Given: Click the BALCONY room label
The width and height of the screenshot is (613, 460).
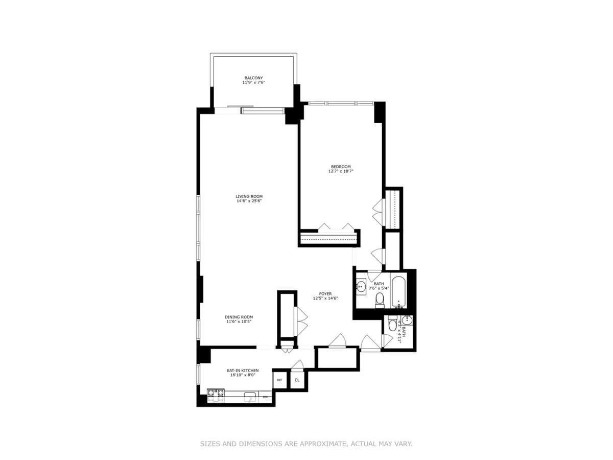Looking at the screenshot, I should pos(253,78).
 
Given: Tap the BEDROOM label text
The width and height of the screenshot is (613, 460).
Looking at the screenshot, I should pos(341,167).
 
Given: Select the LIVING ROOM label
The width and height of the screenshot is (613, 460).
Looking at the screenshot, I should pos(249,196).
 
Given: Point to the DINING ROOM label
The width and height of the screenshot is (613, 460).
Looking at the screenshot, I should pos(239,317).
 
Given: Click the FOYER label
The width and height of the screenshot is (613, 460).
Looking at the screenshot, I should pos(325,293).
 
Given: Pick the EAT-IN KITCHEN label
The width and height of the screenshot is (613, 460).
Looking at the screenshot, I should pos(243,371).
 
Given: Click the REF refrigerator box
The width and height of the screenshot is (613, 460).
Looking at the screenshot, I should pos(279,380).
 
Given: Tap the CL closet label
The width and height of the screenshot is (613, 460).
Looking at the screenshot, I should pos(297,380).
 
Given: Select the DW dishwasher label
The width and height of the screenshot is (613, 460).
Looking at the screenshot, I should pos(266,397).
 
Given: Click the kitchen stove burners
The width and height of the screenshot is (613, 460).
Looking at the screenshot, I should pos(216,394).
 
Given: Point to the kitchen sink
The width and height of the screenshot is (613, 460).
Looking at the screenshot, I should pos(250,397).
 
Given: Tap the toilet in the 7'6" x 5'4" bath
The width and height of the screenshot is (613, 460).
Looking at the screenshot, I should pos(379,303).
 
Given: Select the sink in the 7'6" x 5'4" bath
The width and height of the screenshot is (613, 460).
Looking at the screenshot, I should pos(361,287).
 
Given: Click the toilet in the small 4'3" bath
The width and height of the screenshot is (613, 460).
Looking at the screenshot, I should pos(392,324).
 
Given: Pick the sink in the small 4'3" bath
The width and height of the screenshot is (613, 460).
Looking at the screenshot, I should pos(407,320).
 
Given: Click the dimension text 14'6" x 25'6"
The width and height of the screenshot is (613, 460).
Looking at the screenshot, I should pos(249,201).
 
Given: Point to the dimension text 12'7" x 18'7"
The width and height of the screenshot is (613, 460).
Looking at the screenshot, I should pos(341,172).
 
